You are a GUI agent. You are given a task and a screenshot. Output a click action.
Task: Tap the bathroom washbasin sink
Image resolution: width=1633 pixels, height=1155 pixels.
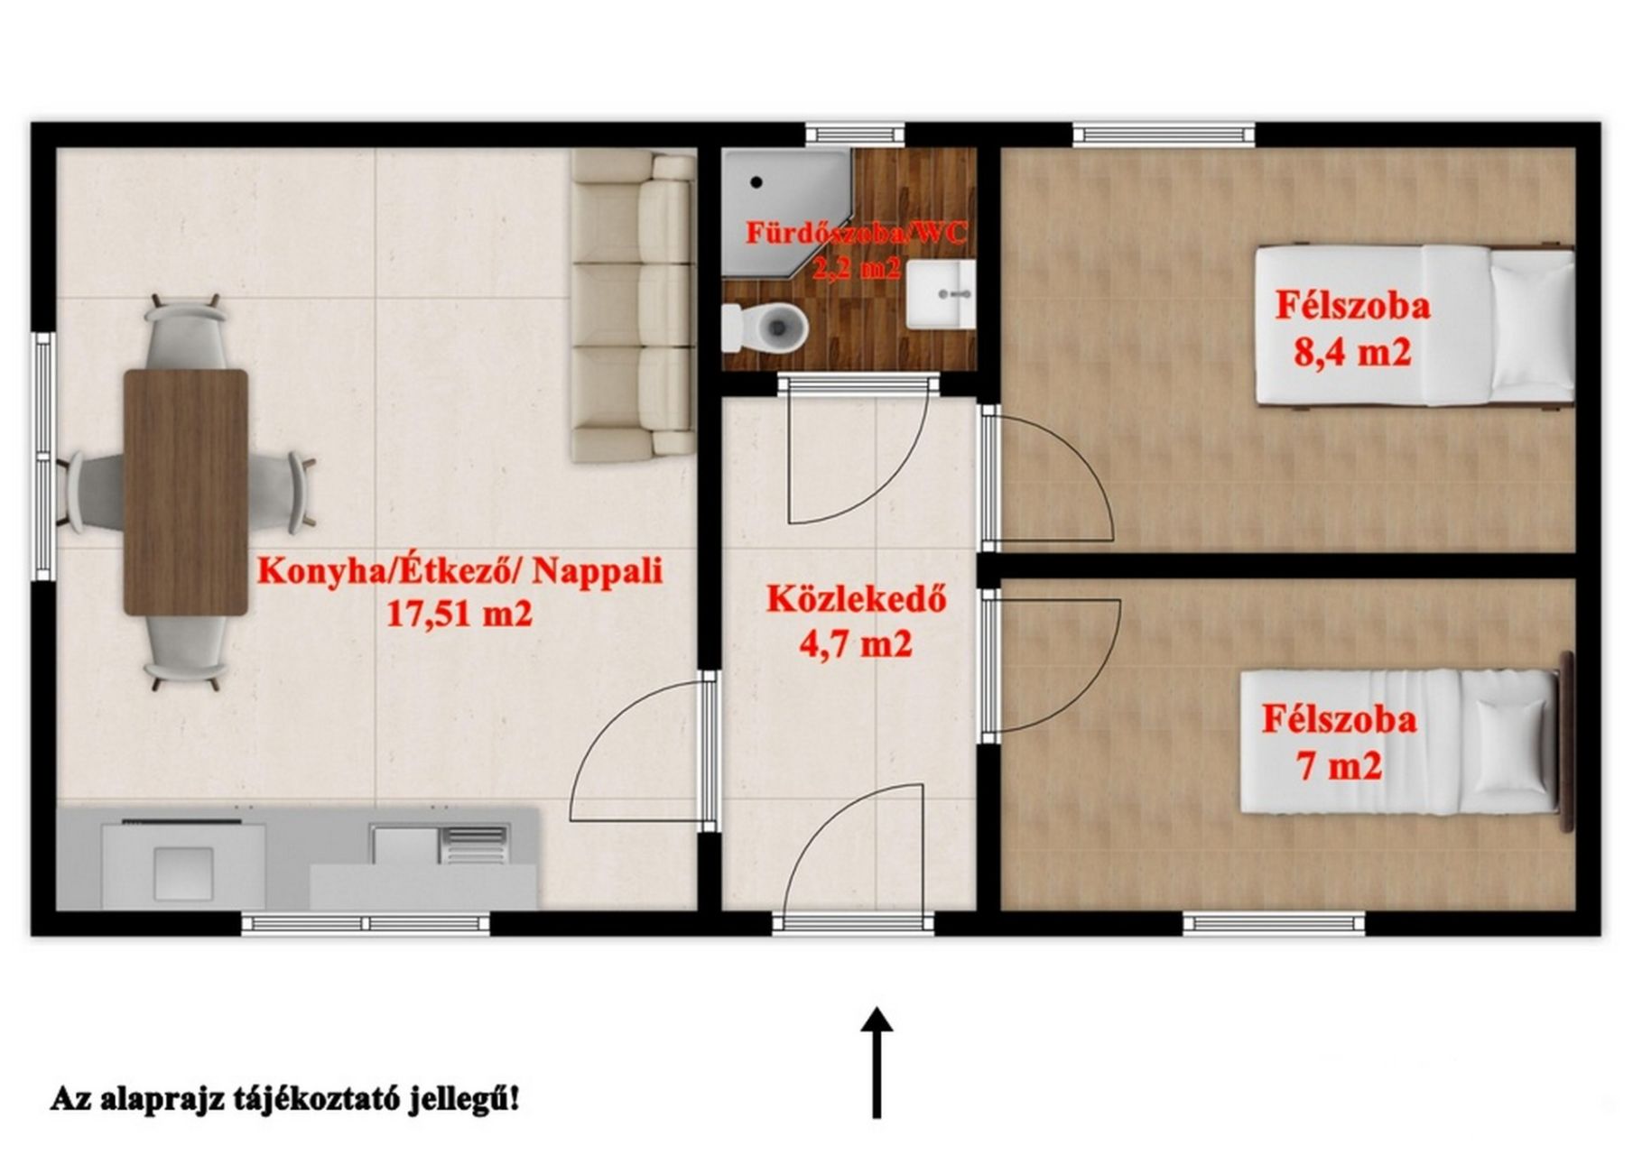(941, 294)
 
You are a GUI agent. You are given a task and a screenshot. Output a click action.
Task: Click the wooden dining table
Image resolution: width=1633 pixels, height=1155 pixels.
(186, 492)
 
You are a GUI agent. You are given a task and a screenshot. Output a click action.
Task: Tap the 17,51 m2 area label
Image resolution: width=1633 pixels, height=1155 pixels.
(459, 614)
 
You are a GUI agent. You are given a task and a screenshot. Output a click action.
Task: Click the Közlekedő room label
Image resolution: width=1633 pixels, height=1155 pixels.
(857, 600)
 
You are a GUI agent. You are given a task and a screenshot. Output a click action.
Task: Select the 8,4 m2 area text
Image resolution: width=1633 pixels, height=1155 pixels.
(1352, 351)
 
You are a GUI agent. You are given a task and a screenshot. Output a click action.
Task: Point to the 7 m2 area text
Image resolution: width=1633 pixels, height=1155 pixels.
(1339, 766)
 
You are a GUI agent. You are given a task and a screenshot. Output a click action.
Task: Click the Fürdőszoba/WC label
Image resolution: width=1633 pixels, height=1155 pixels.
(856, 232)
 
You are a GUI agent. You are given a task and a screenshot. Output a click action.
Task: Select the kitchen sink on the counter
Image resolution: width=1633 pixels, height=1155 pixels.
(439, 845)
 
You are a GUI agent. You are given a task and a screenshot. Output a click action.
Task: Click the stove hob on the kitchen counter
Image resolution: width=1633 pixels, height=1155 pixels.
(183, 862)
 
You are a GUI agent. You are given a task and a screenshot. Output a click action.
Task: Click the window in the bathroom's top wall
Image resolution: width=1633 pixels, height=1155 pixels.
(854, 134)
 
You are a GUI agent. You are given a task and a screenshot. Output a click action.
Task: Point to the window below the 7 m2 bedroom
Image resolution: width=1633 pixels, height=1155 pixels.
(1274, 923)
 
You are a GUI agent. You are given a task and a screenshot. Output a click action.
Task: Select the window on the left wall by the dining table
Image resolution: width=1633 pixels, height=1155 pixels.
(42, 457)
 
